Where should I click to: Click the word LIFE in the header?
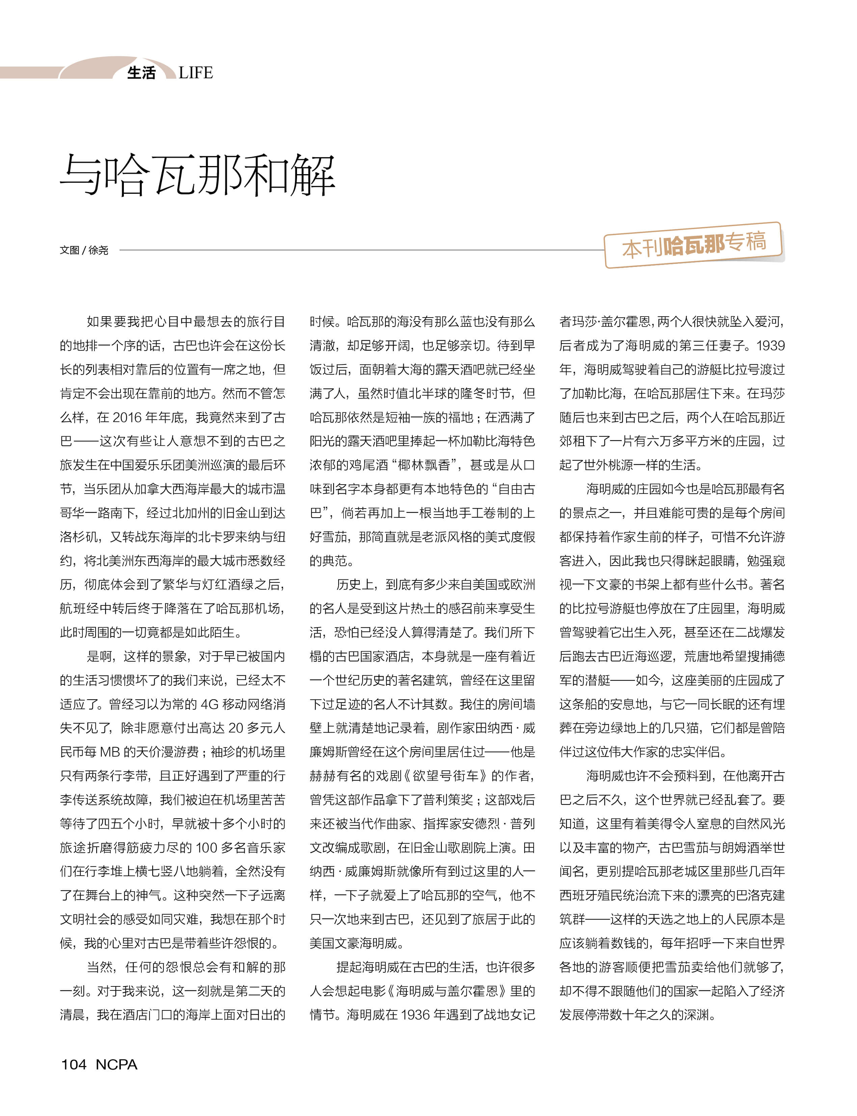(195, 73)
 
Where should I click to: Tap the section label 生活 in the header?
(141, 73)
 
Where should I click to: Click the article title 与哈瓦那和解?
(197, 175)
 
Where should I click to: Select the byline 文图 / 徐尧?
(84, 250)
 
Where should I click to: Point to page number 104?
(74, 1064)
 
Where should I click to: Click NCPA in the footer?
(116, 1064)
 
